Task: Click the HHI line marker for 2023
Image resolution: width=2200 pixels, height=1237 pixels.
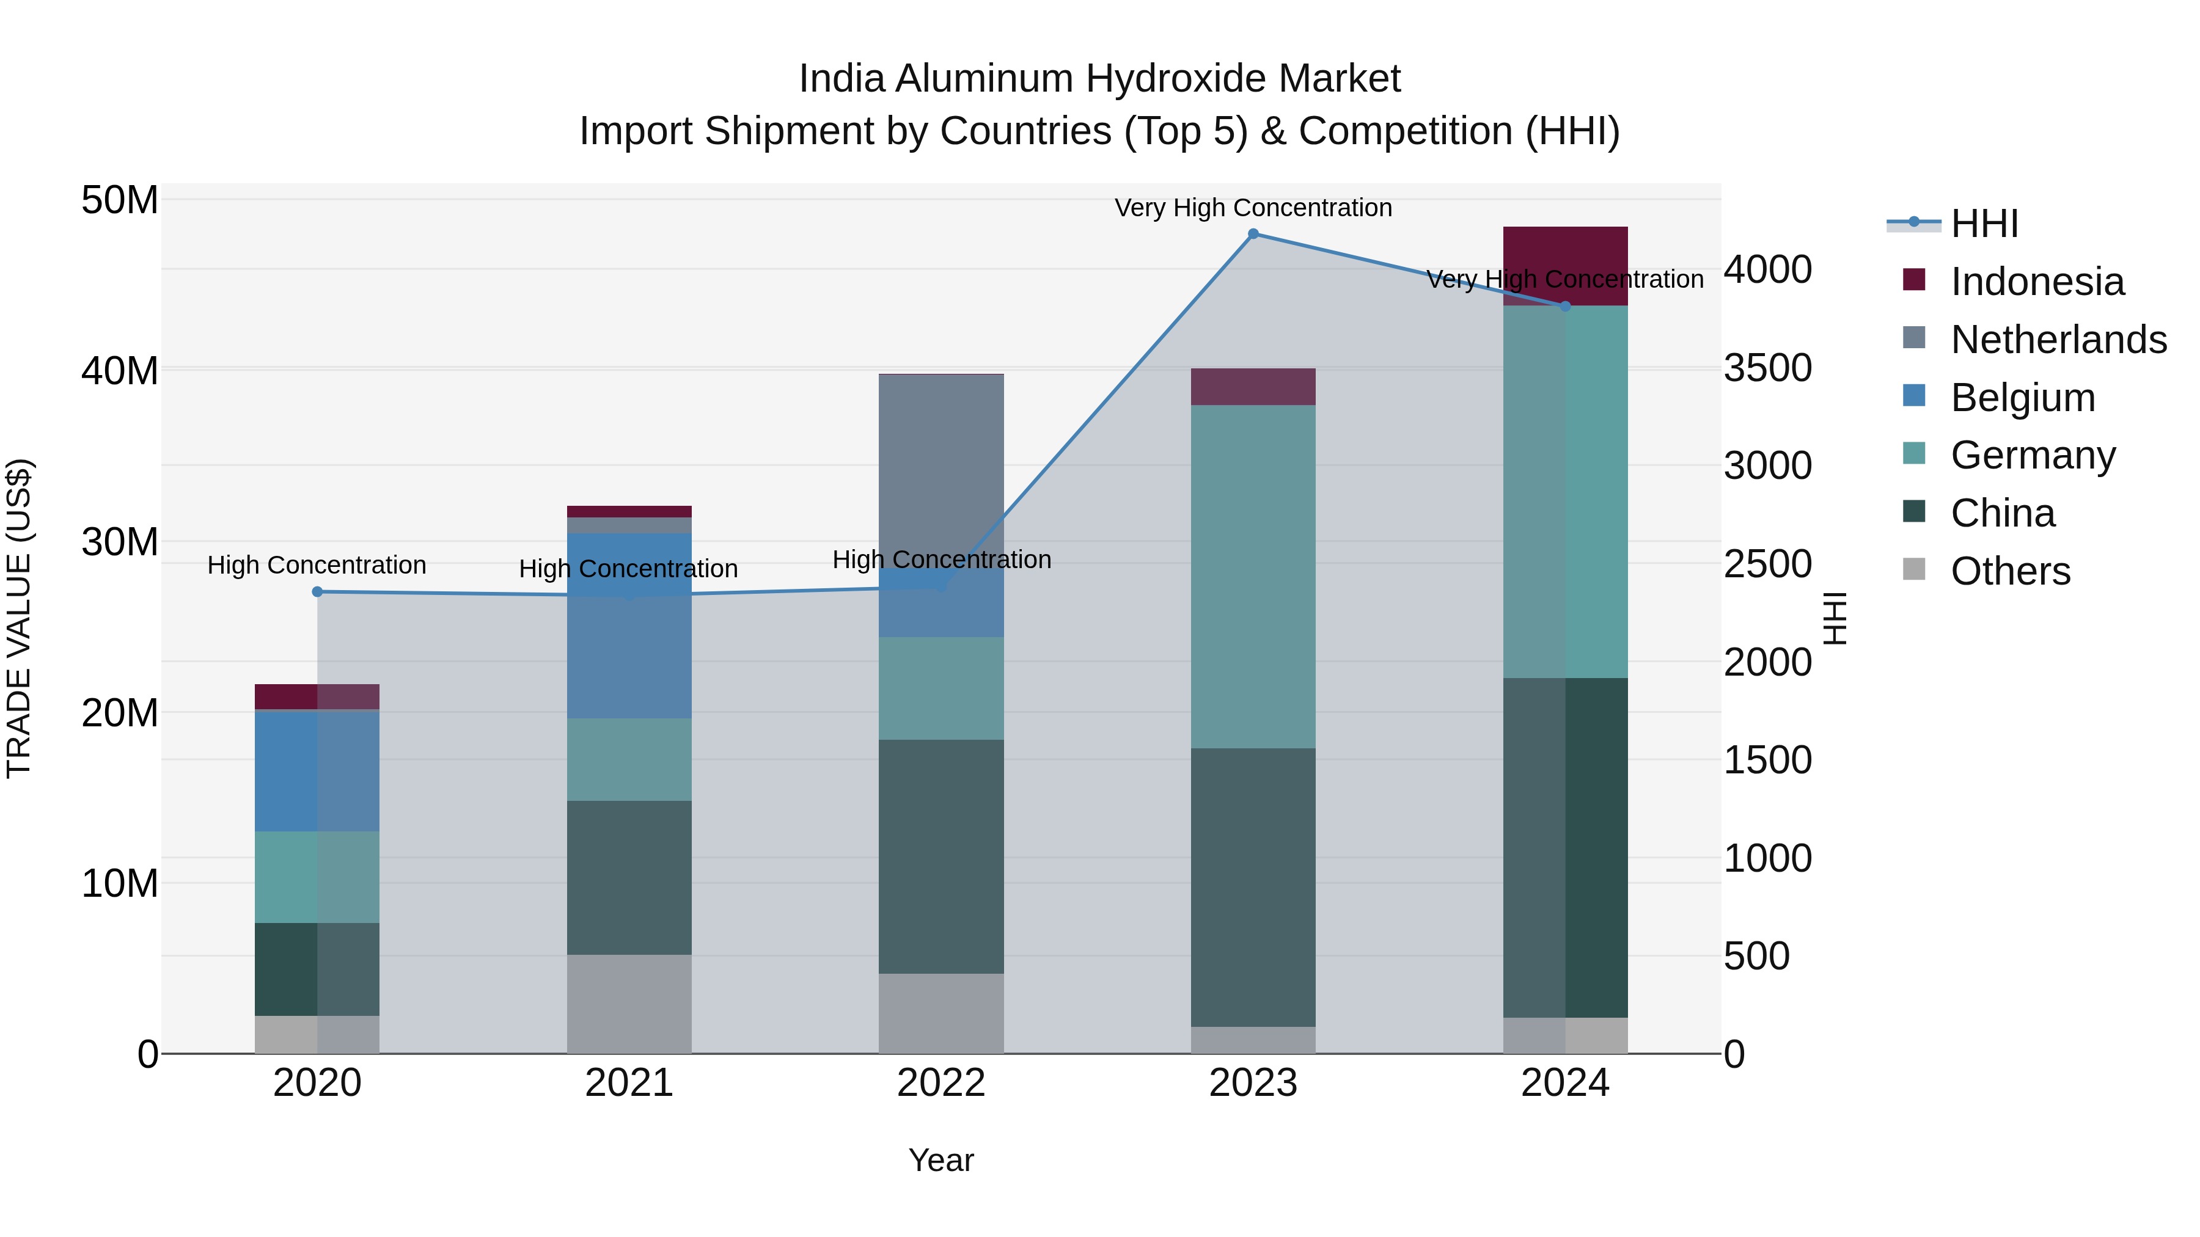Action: (1253, 234)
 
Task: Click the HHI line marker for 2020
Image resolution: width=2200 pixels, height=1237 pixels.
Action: (317, 591)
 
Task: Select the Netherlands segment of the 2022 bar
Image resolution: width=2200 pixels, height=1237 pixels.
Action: (941, 470)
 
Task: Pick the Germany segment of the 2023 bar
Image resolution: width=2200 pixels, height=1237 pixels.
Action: (1253, 576)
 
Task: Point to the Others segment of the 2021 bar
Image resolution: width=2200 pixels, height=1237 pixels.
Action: (629, 1004)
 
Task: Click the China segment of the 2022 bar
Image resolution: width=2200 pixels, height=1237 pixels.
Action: (941, 856)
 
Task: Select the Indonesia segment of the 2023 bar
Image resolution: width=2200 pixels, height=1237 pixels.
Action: (1253, 387)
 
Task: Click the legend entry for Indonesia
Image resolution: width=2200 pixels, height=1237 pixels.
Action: (2036, 282)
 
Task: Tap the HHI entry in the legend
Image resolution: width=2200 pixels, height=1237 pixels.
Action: (1983, 224)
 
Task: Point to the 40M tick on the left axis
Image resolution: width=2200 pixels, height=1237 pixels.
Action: (120, 371)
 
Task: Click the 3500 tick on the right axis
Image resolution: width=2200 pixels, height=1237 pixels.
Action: (1767, 368)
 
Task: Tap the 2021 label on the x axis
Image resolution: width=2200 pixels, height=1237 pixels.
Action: (629, 1083)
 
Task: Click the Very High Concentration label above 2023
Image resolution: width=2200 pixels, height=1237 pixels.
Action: (1253, 208)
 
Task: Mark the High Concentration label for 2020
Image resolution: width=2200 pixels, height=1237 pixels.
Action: (317, 565)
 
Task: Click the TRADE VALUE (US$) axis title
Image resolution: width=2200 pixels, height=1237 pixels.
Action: (19, 618)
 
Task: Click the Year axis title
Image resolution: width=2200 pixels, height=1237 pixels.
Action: (941, 1160)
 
